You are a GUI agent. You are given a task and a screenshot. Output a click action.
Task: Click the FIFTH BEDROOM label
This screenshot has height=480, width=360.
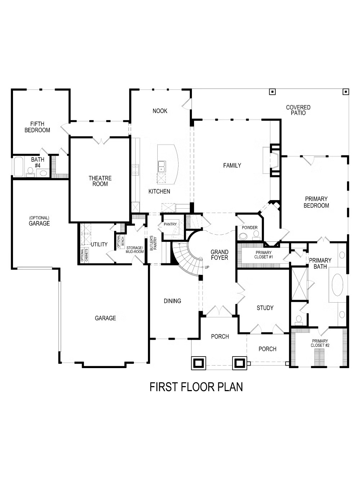tap(37, 127)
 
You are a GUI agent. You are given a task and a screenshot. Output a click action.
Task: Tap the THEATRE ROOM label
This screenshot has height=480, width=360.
tap(100, 181)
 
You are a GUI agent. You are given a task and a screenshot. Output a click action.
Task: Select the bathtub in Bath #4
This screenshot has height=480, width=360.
tap(18, 166)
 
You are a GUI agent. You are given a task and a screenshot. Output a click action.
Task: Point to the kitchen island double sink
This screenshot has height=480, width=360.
tap(162, 166)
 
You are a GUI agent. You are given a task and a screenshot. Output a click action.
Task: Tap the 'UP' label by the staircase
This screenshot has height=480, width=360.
tap(207, 267)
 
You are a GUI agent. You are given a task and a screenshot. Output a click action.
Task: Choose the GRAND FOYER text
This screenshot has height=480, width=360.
tap(219, 255)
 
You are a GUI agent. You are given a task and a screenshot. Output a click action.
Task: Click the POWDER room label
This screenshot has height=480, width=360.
tap(250, 227)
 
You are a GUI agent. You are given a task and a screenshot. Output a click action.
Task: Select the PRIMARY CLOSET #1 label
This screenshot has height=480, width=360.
tap(264, 255)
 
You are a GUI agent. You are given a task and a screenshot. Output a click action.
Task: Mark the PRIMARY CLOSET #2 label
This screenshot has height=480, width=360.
tap(320, 343)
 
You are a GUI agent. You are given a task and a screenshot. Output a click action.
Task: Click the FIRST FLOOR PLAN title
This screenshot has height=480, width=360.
tap(196, 387)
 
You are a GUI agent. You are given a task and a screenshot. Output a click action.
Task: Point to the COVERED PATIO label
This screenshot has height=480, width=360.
tap(298, 110)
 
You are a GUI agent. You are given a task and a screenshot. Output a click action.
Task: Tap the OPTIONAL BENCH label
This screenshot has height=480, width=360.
tap(121, 241)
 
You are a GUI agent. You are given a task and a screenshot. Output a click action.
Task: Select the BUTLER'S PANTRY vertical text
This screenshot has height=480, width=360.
tap(153, 243)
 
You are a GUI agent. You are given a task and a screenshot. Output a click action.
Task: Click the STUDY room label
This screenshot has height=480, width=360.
tap(265, 308)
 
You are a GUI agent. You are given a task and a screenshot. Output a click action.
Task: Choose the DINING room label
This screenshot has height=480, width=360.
tap(172, 301)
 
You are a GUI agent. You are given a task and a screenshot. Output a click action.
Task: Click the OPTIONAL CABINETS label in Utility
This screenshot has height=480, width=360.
tap(84, 255)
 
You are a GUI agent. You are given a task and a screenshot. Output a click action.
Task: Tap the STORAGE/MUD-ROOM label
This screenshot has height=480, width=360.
tap(135, 249)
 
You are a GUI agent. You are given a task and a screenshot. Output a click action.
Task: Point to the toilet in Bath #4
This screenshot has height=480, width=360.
tap(31, 172)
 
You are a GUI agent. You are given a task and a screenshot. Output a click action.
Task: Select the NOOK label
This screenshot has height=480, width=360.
tap(160, 111)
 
